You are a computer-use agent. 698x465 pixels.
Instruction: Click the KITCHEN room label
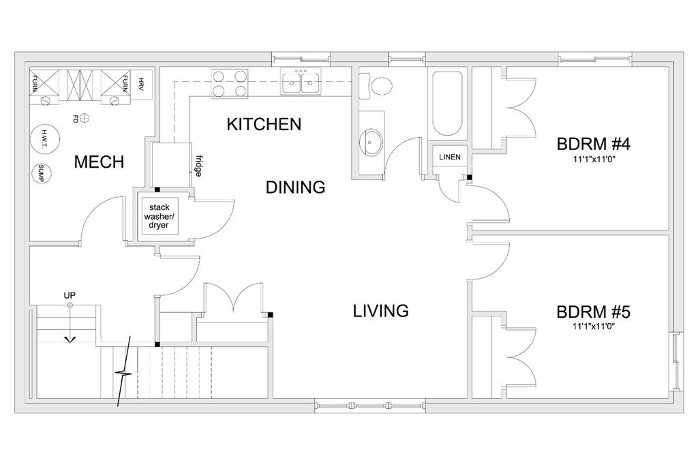tap(264, 124)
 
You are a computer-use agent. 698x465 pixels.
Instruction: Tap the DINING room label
tap(295, 187)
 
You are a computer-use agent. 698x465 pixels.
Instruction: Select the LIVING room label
tap(380, 310)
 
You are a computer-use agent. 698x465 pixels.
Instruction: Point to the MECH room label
tap(99, 162)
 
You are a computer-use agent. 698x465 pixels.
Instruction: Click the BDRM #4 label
tap(594, 144)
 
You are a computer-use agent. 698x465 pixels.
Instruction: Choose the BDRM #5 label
tap(594, 312)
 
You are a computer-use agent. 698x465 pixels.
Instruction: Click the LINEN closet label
tap(450, 157)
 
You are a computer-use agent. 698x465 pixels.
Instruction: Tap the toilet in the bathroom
tap(376, 86)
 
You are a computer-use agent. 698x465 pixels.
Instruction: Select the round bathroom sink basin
tap(370, 142)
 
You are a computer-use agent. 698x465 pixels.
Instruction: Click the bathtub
tap(447, 104)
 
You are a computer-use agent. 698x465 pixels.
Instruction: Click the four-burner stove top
tap(230, 84)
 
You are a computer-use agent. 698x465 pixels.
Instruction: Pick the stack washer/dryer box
tap(160, 216)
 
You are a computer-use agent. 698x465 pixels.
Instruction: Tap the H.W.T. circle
tap(44, 139)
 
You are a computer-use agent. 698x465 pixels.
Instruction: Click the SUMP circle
tap(41, 173)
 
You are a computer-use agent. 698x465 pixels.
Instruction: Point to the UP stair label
tap(70, 295)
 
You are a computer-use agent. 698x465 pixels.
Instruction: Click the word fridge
tap(198, 166)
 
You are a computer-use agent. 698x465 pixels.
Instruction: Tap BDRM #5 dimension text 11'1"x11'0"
tap(594, 327)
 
